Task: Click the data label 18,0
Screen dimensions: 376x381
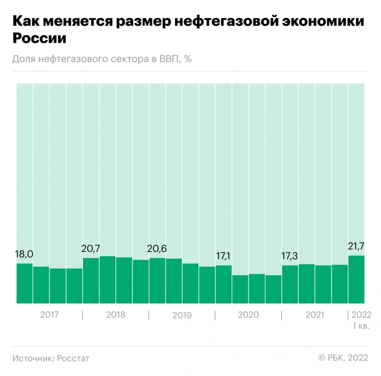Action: [24, 254]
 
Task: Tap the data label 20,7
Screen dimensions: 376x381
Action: [91, 249]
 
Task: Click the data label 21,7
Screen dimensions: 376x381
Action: [356, 246]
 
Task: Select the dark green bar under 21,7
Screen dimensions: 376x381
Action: [357, 279]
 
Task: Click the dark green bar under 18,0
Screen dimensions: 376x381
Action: [24, 283]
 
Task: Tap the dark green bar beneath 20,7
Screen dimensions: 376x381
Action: [91, 281]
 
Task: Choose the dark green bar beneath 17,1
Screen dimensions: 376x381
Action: [223, 285]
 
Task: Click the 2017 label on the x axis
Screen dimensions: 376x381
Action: [49, 315]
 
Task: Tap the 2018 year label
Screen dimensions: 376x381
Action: [115, 315]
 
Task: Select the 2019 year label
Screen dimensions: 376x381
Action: [182, 315]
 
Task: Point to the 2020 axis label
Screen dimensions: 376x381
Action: [248, 315]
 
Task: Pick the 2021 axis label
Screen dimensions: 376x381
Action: [314, 315]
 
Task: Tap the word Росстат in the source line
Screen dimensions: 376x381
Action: [73, 358]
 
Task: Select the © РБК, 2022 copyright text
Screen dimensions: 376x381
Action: [343, 358]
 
